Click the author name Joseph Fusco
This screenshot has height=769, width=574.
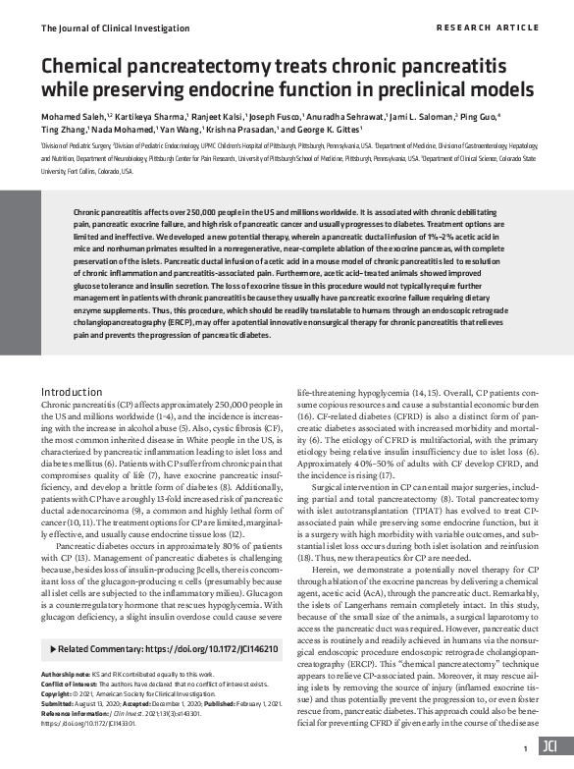[x=277, y=115]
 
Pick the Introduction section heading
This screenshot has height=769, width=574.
[x=78, y=392]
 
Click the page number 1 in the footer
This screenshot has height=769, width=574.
[x=526, y=747]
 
